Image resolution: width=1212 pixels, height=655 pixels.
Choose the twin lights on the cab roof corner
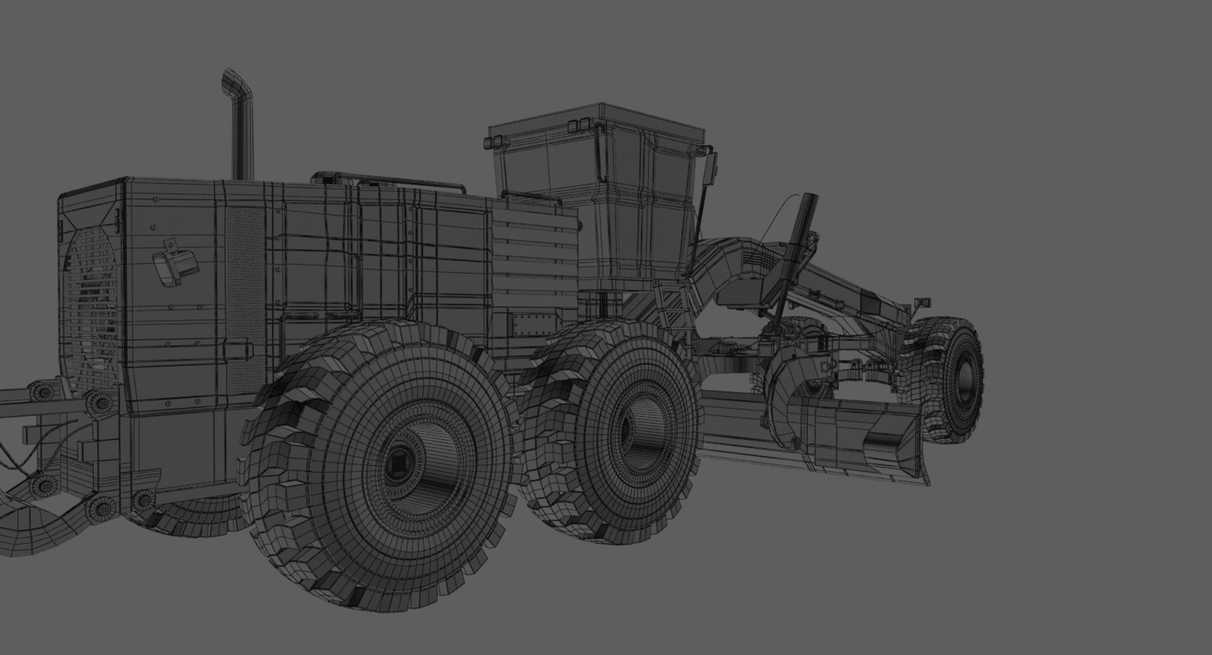coord(575,125)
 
